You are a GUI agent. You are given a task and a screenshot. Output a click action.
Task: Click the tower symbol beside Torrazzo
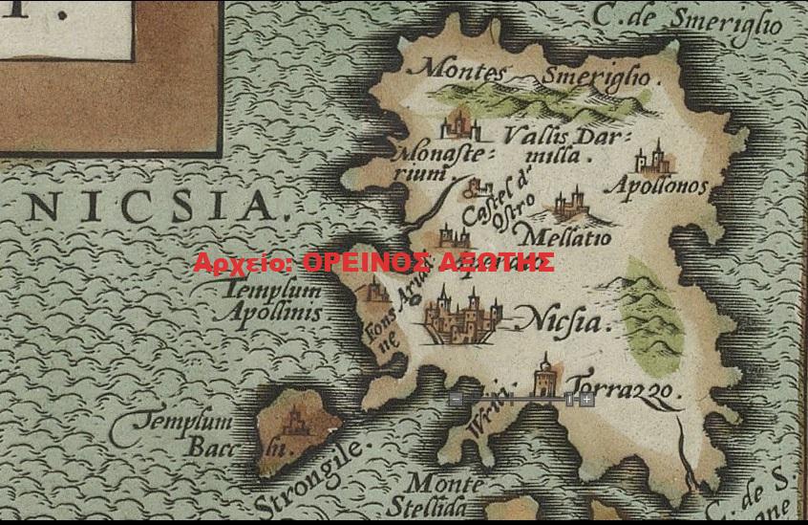[545, 377]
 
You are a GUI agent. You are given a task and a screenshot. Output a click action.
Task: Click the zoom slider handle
[569, 400]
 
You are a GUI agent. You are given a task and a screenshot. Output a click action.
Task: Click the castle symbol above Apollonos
[655, 157]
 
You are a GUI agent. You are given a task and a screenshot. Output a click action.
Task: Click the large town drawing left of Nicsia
[463, 317]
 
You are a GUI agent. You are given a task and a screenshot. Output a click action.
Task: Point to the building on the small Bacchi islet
[297, 419]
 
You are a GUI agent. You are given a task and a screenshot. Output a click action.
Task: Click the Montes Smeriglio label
[534, 73]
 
